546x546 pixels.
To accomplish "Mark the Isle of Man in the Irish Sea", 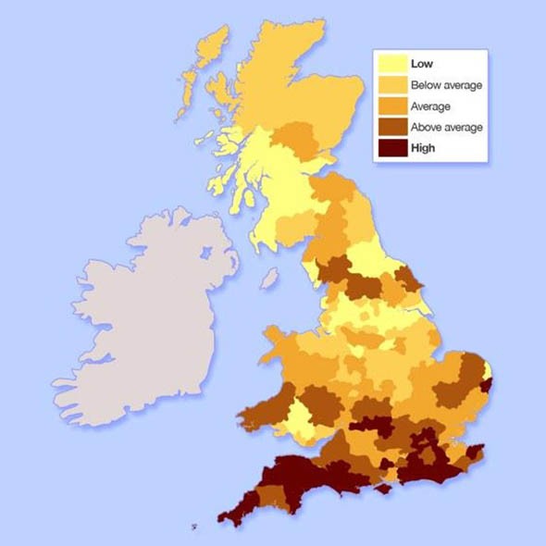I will [269, 278].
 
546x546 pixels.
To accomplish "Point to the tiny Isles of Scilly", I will [193, 527].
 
